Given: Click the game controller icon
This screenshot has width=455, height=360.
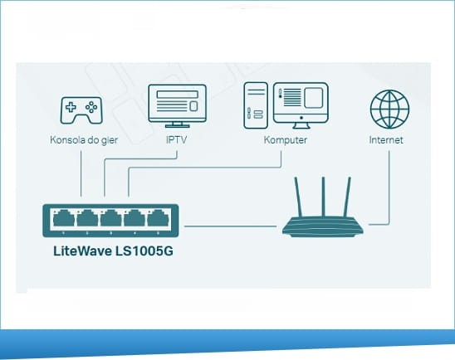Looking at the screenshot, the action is tap(81, 110).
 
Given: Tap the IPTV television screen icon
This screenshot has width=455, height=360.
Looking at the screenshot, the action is tap(178, 106).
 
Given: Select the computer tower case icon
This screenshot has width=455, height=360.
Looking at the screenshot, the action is tap(256, 105).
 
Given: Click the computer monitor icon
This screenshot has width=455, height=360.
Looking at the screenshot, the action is tap(301, 105).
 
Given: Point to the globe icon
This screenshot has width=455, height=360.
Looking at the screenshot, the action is tap(389, 109).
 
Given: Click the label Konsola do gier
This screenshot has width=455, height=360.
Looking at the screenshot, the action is tap(84, 140).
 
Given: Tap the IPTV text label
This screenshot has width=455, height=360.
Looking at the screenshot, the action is tap(176, 139).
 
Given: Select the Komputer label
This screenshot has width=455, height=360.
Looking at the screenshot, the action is tap(286, 140).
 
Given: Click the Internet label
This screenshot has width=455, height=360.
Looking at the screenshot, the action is tap(386, 139).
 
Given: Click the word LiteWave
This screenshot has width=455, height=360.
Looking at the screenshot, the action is tap(83, 251).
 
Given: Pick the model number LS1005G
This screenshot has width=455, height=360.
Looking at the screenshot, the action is tap(144, 251).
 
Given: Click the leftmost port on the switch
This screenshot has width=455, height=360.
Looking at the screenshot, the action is tap(64, 218).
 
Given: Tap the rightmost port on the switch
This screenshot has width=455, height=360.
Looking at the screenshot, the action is tap(158, 218).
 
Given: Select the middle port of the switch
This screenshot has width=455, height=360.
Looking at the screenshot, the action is tap(111, 218).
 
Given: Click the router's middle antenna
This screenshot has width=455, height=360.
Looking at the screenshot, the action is tap(323, 197).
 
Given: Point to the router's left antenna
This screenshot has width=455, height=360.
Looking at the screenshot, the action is tap(298, 197).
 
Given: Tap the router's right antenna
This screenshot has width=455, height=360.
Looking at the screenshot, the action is tap(347, 197).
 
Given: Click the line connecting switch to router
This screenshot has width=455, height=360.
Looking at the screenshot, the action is tap(230, 226).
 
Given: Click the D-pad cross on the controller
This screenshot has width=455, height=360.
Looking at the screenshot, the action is tap(71, 107).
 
